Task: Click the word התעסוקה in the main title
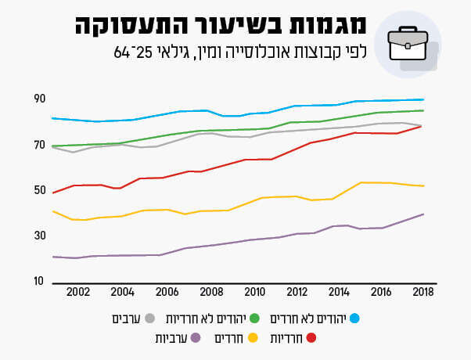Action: tap(128, 25)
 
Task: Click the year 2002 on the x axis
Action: tap(78, 292)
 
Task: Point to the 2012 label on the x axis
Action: tap(297, 292)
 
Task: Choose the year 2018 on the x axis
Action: tap(423, 292)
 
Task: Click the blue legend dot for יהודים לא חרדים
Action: tap(354, 319)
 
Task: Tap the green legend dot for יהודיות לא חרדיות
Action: tap(264, 319)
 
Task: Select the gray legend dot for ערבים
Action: tap(150, 319)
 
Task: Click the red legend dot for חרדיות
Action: tap(311, 338)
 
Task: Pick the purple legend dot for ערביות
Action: tap(196, 338)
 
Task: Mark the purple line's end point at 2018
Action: tap(423, 214)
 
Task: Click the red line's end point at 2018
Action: tap(423, 125)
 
